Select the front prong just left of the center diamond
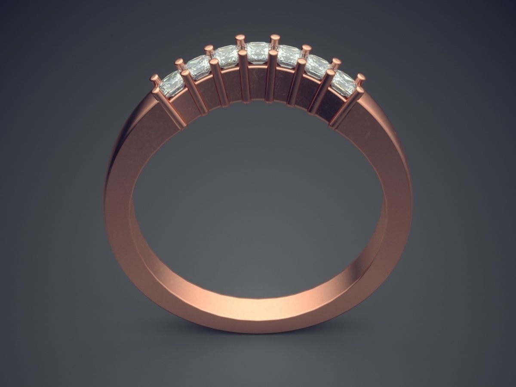(x=244, y=77)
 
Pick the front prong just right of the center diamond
(x=271, y=77)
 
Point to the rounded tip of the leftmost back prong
(x=154, y=78)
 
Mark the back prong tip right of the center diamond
(x=273, y=38)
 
